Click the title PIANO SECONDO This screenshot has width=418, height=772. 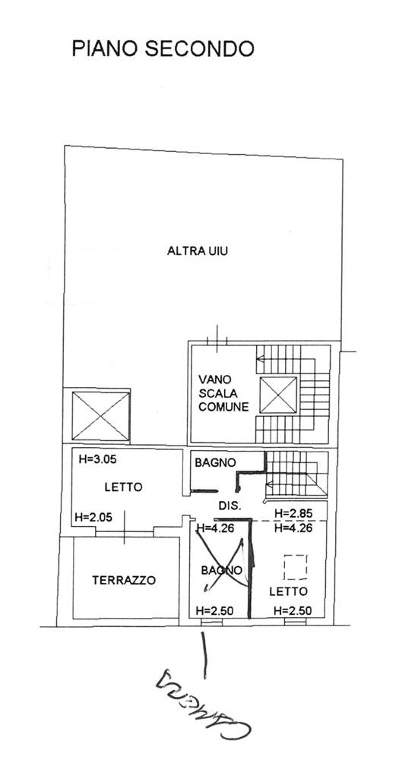coord(163,49)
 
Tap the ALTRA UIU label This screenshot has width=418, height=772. coord(198,252)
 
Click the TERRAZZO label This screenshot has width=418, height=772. coord(124,580)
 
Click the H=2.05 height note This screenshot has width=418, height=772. coord(96,517)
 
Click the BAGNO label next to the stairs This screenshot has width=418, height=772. coord(215,462)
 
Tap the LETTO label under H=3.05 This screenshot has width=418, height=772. coord(122,487)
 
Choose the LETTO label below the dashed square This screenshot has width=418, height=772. coord(288,591)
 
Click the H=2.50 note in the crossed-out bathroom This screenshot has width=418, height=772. coord(214,610)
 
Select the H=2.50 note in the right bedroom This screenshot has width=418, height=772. coord(292,610)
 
